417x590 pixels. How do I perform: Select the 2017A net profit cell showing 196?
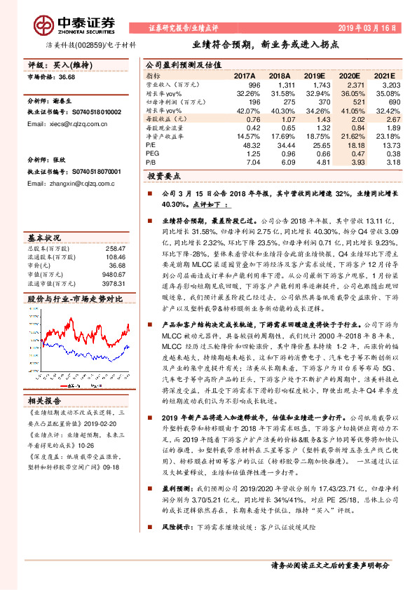click(254, 102)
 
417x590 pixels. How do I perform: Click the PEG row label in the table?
click(152, 153)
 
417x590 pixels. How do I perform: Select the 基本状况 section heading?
click(46, 237)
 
